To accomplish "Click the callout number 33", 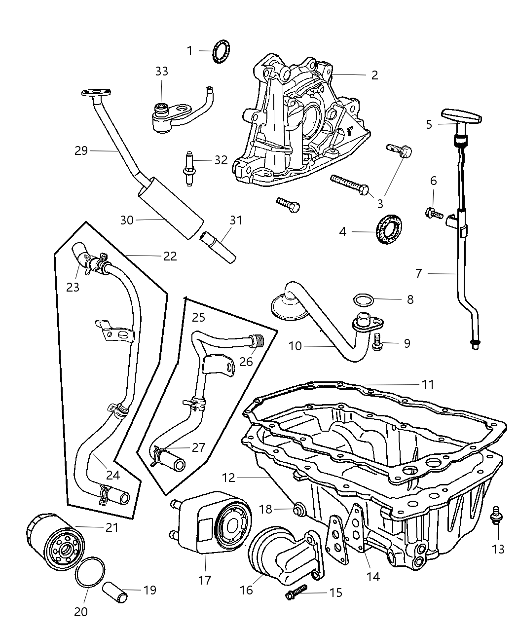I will (x=161, y=72).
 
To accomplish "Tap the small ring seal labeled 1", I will (x=222, y=52).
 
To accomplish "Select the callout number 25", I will (x=198, y=316).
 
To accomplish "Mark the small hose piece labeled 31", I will (x=218, y=246).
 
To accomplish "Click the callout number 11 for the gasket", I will (x=427, y=384).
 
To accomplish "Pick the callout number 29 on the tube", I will (x=81, y=150).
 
